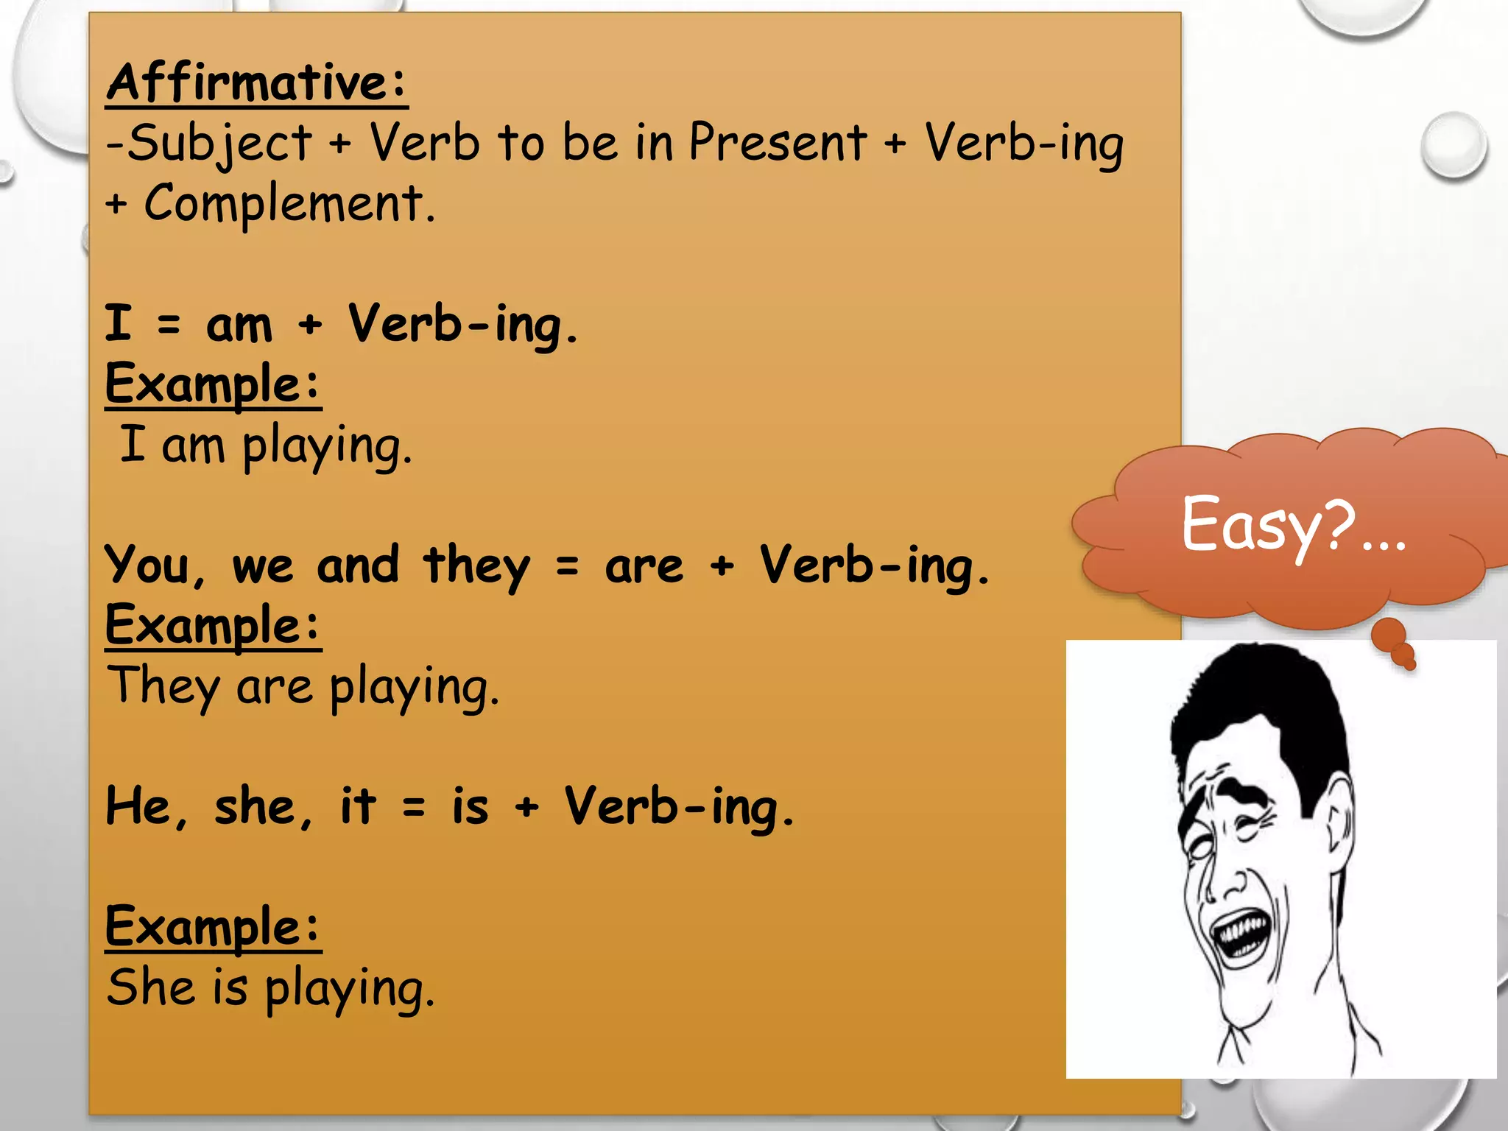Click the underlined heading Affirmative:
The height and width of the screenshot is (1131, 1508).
point(256,82)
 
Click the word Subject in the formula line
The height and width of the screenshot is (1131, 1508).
point(219,143)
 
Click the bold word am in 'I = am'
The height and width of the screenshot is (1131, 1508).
point(239,325)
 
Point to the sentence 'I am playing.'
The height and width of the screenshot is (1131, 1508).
point(265,445)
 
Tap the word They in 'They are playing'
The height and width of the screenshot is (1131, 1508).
point(163,686)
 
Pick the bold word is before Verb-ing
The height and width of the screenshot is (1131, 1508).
point(470,807)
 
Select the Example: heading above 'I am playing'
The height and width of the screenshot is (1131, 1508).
point(213,384)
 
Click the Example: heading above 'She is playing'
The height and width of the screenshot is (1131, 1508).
point(213,926)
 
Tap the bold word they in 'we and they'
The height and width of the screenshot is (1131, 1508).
point(476,565)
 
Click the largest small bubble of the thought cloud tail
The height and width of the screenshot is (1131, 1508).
point(1389,633)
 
